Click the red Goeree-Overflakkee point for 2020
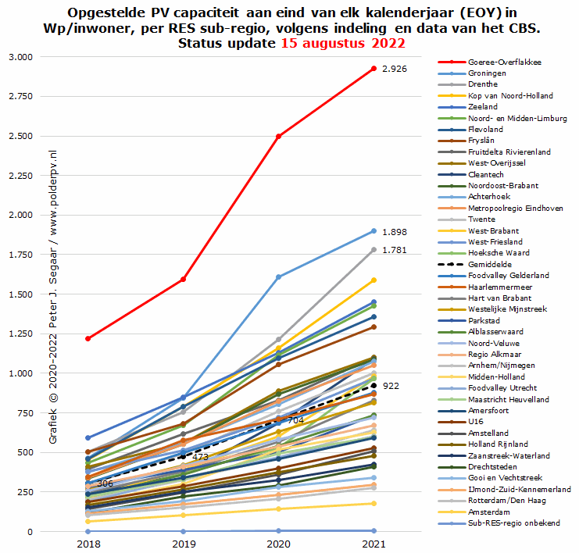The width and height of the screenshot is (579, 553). (279, 136)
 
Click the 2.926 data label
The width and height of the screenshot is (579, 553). (395, 70)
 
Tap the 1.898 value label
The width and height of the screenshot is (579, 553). (395, 232)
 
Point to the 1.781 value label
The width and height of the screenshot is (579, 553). (395, 250)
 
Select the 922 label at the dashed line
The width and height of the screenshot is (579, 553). (391, 386)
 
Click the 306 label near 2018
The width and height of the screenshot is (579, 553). (105, 484)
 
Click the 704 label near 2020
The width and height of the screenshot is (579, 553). (295, 420)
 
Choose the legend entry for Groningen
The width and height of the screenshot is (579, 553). (488, 73)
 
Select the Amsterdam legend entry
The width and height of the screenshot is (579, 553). (489, 512)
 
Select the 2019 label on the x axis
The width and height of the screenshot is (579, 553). (184, 541)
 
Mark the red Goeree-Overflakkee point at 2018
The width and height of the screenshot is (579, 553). (88, 338)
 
